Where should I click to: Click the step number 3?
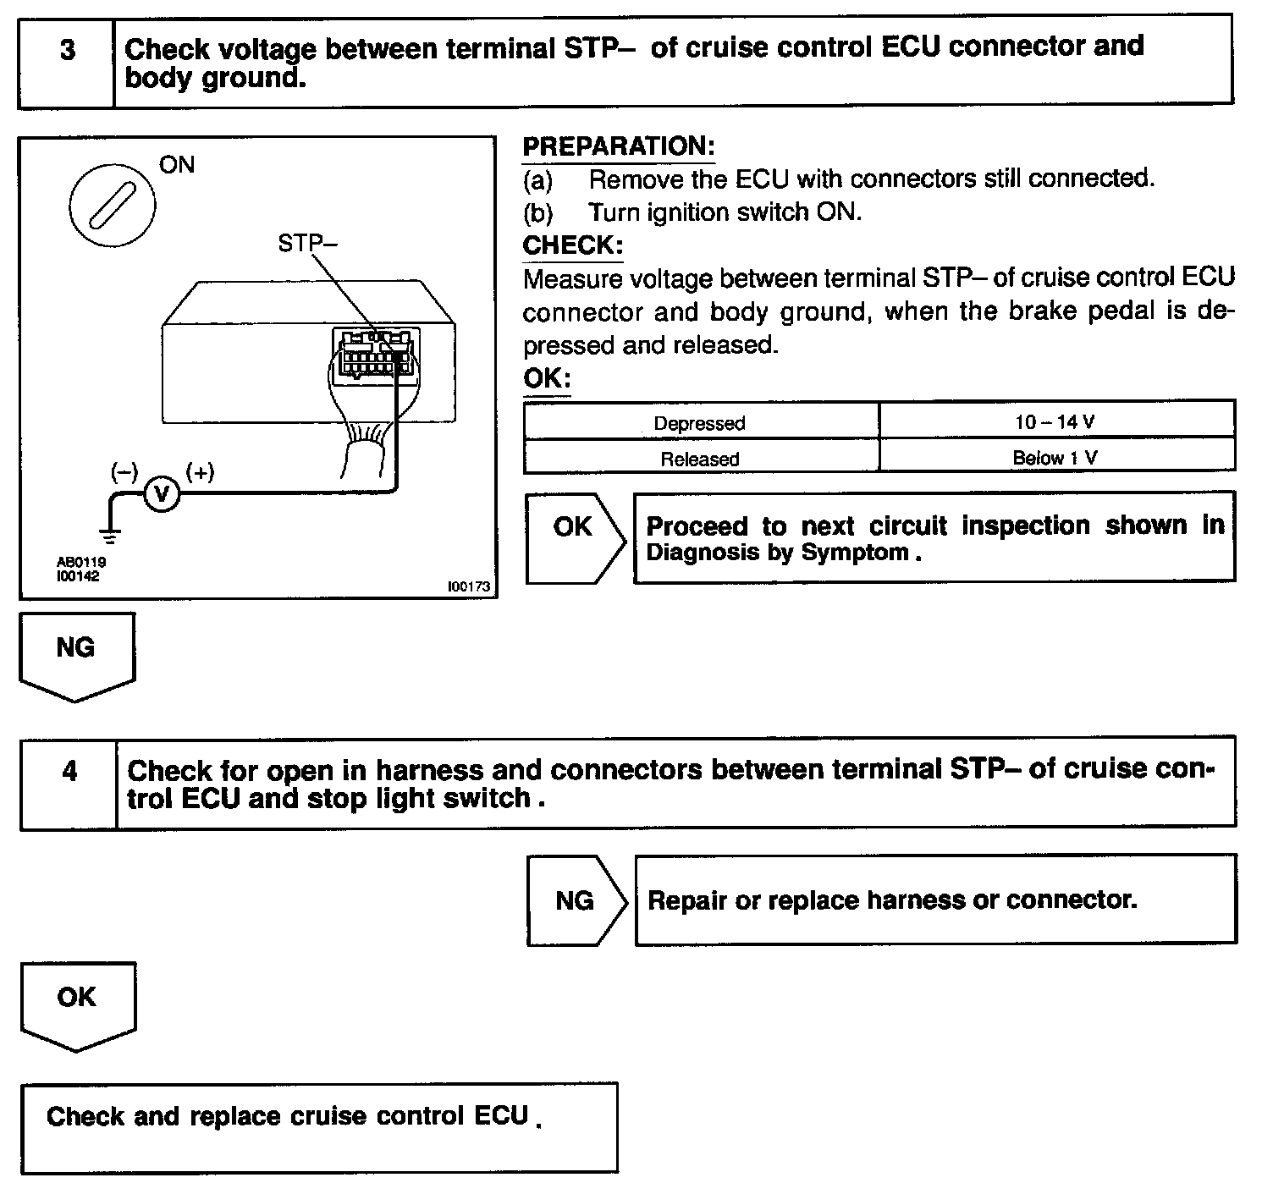[x=67, y=51]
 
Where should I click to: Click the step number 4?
[x=69, y=772]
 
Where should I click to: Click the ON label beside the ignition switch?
[x=177, y=165]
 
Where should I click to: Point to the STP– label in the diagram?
[x=307, y=244]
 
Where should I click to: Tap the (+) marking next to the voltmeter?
[x=201, y=472]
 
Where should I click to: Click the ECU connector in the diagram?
[x=373, y=355]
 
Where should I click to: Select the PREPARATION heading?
[x=619, y=146]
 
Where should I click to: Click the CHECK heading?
[x=573, y=245]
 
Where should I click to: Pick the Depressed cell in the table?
[x=700, y=422]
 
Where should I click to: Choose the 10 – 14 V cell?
[x=1055, y=421]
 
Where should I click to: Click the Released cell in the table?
[x=700, y=459]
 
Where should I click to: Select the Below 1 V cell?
[x=1055, y=458]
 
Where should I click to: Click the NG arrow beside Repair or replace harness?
[x=575, y=901]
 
